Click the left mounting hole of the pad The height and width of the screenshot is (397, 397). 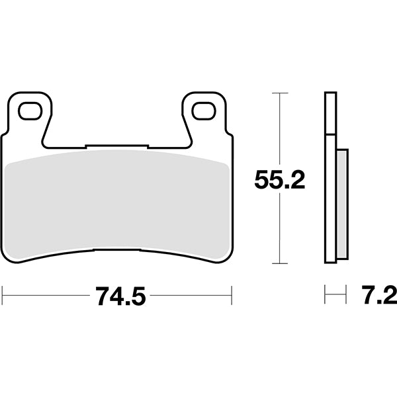30,111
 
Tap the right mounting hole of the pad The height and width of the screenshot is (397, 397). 204,111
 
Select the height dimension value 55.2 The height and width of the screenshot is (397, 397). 280,179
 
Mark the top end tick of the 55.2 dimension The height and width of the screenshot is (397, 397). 281,94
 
